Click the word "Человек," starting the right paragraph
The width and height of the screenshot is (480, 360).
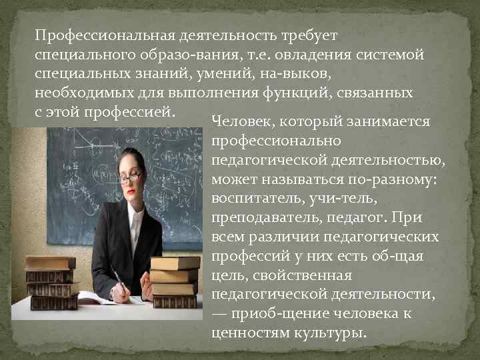coord(243,123)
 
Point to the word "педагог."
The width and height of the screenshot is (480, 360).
coord(364,218)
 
